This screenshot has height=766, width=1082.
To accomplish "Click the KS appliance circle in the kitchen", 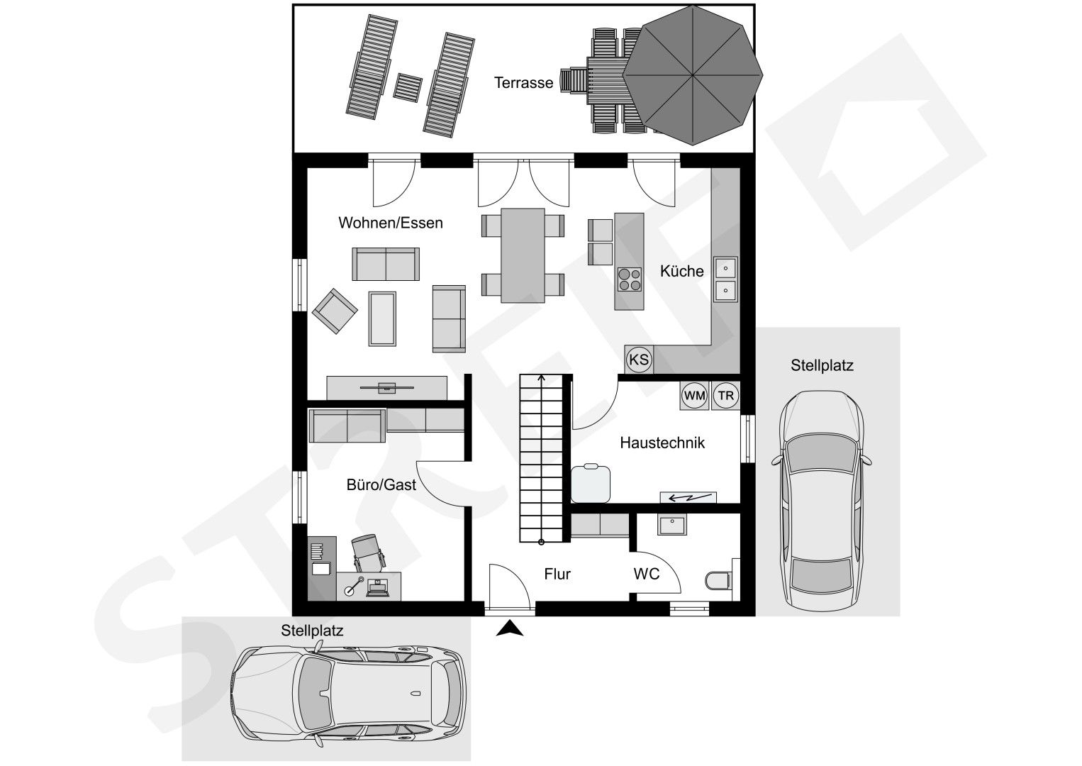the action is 639,360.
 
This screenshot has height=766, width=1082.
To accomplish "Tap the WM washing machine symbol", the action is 695,396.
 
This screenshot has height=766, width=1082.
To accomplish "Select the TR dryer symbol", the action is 725,396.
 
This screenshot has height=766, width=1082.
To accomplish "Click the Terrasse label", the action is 523,83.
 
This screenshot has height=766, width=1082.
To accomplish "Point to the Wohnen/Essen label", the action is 390,223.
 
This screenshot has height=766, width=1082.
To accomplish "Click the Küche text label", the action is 681,271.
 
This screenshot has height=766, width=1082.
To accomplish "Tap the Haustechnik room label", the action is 662,443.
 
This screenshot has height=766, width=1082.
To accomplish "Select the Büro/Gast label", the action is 381,484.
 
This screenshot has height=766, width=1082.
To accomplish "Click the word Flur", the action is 557,574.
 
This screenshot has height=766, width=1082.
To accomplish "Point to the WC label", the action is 647,574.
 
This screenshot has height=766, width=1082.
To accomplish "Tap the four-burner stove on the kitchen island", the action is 630,279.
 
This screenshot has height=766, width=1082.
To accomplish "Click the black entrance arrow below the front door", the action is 510,628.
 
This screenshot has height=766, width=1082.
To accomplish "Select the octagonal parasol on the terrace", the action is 693,75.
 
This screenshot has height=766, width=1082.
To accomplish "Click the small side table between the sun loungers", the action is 407,87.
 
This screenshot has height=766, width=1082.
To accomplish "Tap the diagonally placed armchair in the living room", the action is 335,311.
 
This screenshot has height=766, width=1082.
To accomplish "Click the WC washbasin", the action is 671,525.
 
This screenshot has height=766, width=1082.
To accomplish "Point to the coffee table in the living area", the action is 382,318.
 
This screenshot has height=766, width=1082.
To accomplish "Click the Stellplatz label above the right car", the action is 822,365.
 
